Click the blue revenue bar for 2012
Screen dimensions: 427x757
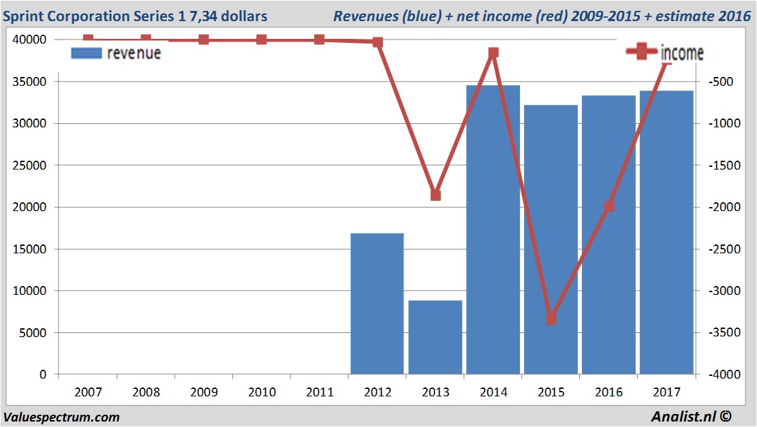click(377, 304)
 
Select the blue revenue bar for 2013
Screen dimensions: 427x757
click(435, 337)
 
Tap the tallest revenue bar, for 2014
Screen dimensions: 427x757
click(493, 230)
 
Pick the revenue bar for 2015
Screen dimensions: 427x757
click(551, 239)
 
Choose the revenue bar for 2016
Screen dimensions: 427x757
click(609, 235)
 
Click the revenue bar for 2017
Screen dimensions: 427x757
click(667, 232)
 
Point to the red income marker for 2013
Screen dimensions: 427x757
click(435, 195)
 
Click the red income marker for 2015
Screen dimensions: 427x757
click(551, 319)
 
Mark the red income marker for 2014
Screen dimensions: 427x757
click(493, 52)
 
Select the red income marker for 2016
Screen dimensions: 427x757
click(609, 206)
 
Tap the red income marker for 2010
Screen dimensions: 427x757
click(262, 39)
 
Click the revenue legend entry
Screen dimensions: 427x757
click(116, 52)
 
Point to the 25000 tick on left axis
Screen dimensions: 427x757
click(31, 165)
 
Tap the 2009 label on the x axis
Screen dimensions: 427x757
click(204, 392)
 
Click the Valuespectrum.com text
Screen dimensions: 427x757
click(61, 417)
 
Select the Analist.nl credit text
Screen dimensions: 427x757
click(696, 417)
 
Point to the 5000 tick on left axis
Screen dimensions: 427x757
click(34, 333)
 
